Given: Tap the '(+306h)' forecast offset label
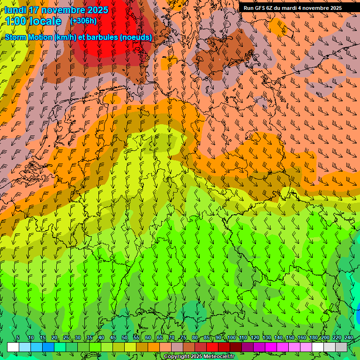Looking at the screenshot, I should pyautogui.click(x=83, y=21).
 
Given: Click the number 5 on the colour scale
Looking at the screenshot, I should pyautogui.click(x=18, y=338).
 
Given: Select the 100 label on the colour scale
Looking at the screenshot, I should pyautogui.click(x=232, y=338).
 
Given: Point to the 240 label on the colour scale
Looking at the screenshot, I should pyautogui.click(x=348, y=338).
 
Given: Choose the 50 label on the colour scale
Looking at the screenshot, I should pyautogui.click(x=125, y=338).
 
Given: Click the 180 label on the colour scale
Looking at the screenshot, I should pyautogui.click(x=313, y=338).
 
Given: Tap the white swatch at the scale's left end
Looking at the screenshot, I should pyautogui.click(x=13, y=347).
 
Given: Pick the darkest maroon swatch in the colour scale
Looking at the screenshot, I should pyautogui.click(x=236, y=347).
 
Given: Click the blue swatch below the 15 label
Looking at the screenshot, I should pyautogui.click(x=48, y=347).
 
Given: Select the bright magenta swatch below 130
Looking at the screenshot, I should pyautogui.click(x=271, y=347).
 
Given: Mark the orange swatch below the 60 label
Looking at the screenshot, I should pyautogui.click(x=154, y=347).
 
